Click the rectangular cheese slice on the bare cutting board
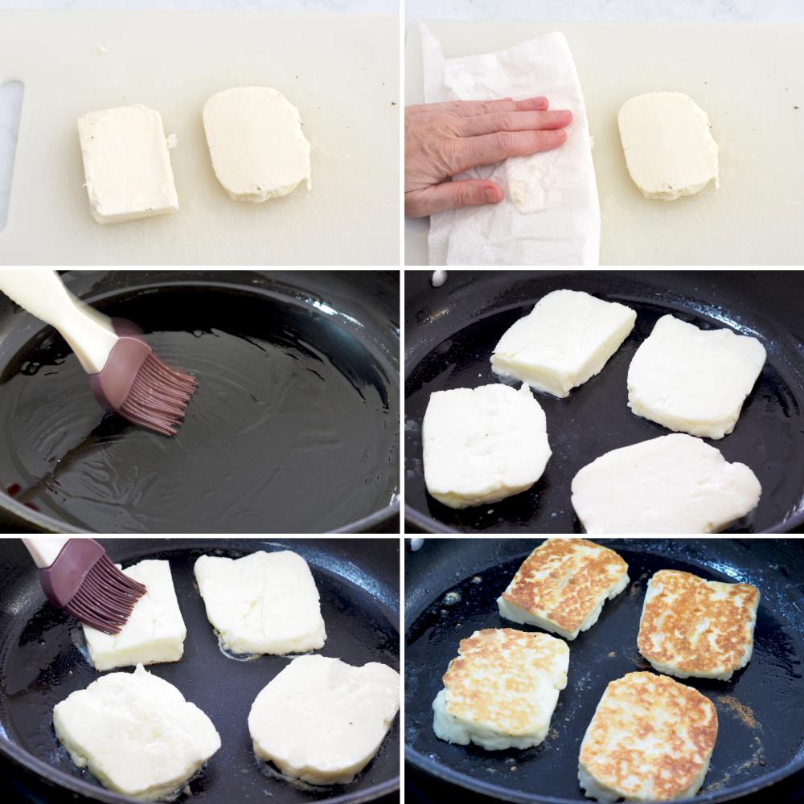point(128,163)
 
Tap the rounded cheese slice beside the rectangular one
point(256,142)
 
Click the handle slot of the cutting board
point(10,153)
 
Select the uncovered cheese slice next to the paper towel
point(668,145)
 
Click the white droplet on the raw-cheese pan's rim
point(439,277)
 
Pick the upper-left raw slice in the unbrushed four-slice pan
point(562,341)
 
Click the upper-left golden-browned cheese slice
point(563,587)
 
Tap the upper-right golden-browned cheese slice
point(698,623)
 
